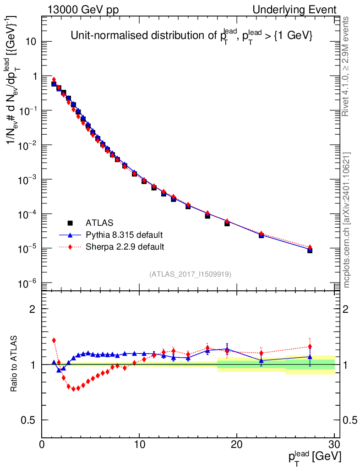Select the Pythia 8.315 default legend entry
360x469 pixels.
tap(124, 235)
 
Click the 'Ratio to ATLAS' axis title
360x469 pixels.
tap(14, 364)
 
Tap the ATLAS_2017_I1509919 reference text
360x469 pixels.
tap(190, 274)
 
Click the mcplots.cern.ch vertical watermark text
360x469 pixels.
tap(347, 220)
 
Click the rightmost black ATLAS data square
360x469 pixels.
tap(310, 251)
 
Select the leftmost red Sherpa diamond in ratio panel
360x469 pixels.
tap(54, 340)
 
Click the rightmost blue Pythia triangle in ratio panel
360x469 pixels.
tap(310, 357)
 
